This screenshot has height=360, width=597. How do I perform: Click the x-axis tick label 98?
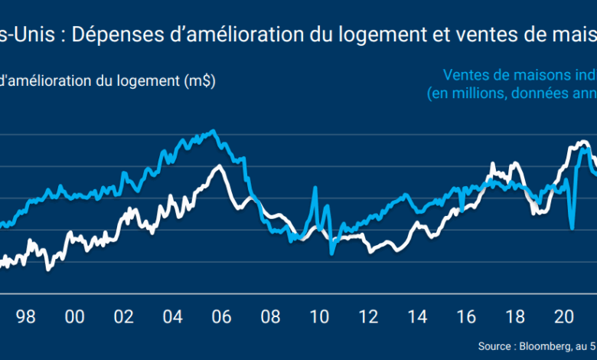click(26, 316)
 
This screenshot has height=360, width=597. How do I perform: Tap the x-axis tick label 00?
click(75, 316)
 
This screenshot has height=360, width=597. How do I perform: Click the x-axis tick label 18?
click(516, 316)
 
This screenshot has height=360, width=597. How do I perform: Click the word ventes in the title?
click(455, 34)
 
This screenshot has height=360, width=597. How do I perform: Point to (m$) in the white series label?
click(200, 80)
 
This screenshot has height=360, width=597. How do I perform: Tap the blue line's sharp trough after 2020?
click(572, 227)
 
